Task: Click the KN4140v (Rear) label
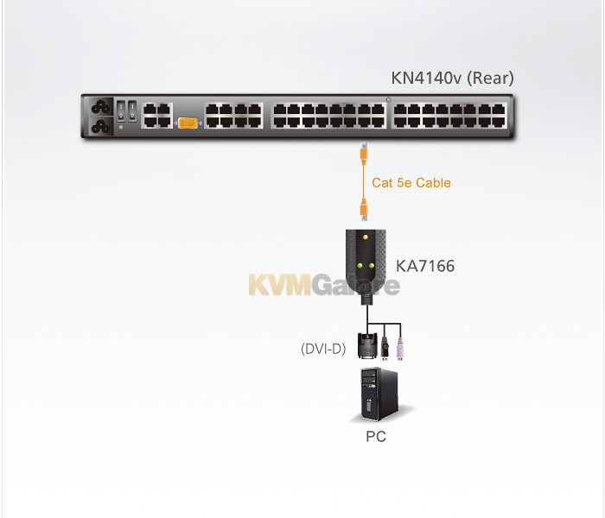coord(452,79)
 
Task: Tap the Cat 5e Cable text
coord(411,183)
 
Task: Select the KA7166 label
coord(425,266)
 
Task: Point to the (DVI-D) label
coord(323,349)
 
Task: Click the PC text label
coord(376,437)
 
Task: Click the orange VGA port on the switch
coord(188,123)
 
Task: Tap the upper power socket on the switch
coord(101,107)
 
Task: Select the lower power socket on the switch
coord(101,126)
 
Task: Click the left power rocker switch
coord(121,111)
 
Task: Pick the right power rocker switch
coord(132,111)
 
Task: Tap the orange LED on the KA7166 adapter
coord(366,237)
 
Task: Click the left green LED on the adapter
coord(360,266)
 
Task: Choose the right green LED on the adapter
coord(371,266)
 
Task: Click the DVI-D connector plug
coord(367,345)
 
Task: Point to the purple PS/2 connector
coord(400,349)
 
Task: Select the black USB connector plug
coord(385,349)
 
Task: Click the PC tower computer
coord(379,394)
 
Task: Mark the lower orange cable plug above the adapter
coord(364,211)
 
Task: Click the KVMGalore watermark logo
coord(324,284)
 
